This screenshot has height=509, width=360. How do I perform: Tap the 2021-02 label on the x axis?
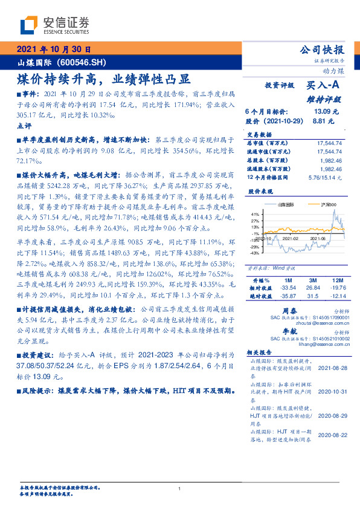(292, 239)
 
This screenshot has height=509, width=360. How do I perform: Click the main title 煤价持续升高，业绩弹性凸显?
(104, 79)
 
